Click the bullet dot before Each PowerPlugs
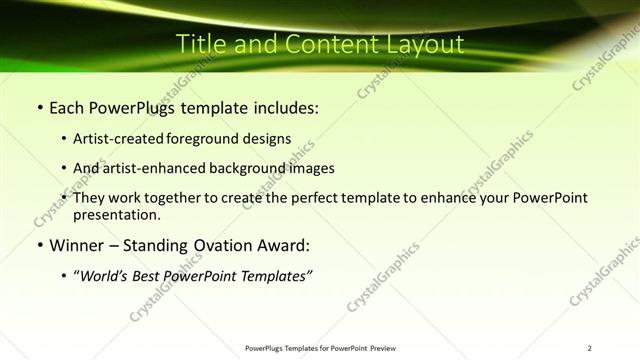coord(39,107)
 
